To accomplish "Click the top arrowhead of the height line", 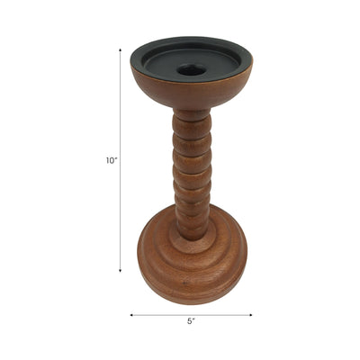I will (120, 50).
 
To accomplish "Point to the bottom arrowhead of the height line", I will (120, 270).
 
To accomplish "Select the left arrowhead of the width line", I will (131, 315).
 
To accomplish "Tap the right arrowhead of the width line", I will (251, 315).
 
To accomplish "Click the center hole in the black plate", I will (191, 69).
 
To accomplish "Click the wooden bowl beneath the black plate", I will (191, 94).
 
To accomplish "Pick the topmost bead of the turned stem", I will (191, 118).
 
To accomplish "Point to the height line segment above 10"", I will (120, 103).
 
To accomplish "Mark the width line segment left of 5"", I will (157, 315).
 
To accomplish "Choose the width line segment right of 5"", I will (225, 315).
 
